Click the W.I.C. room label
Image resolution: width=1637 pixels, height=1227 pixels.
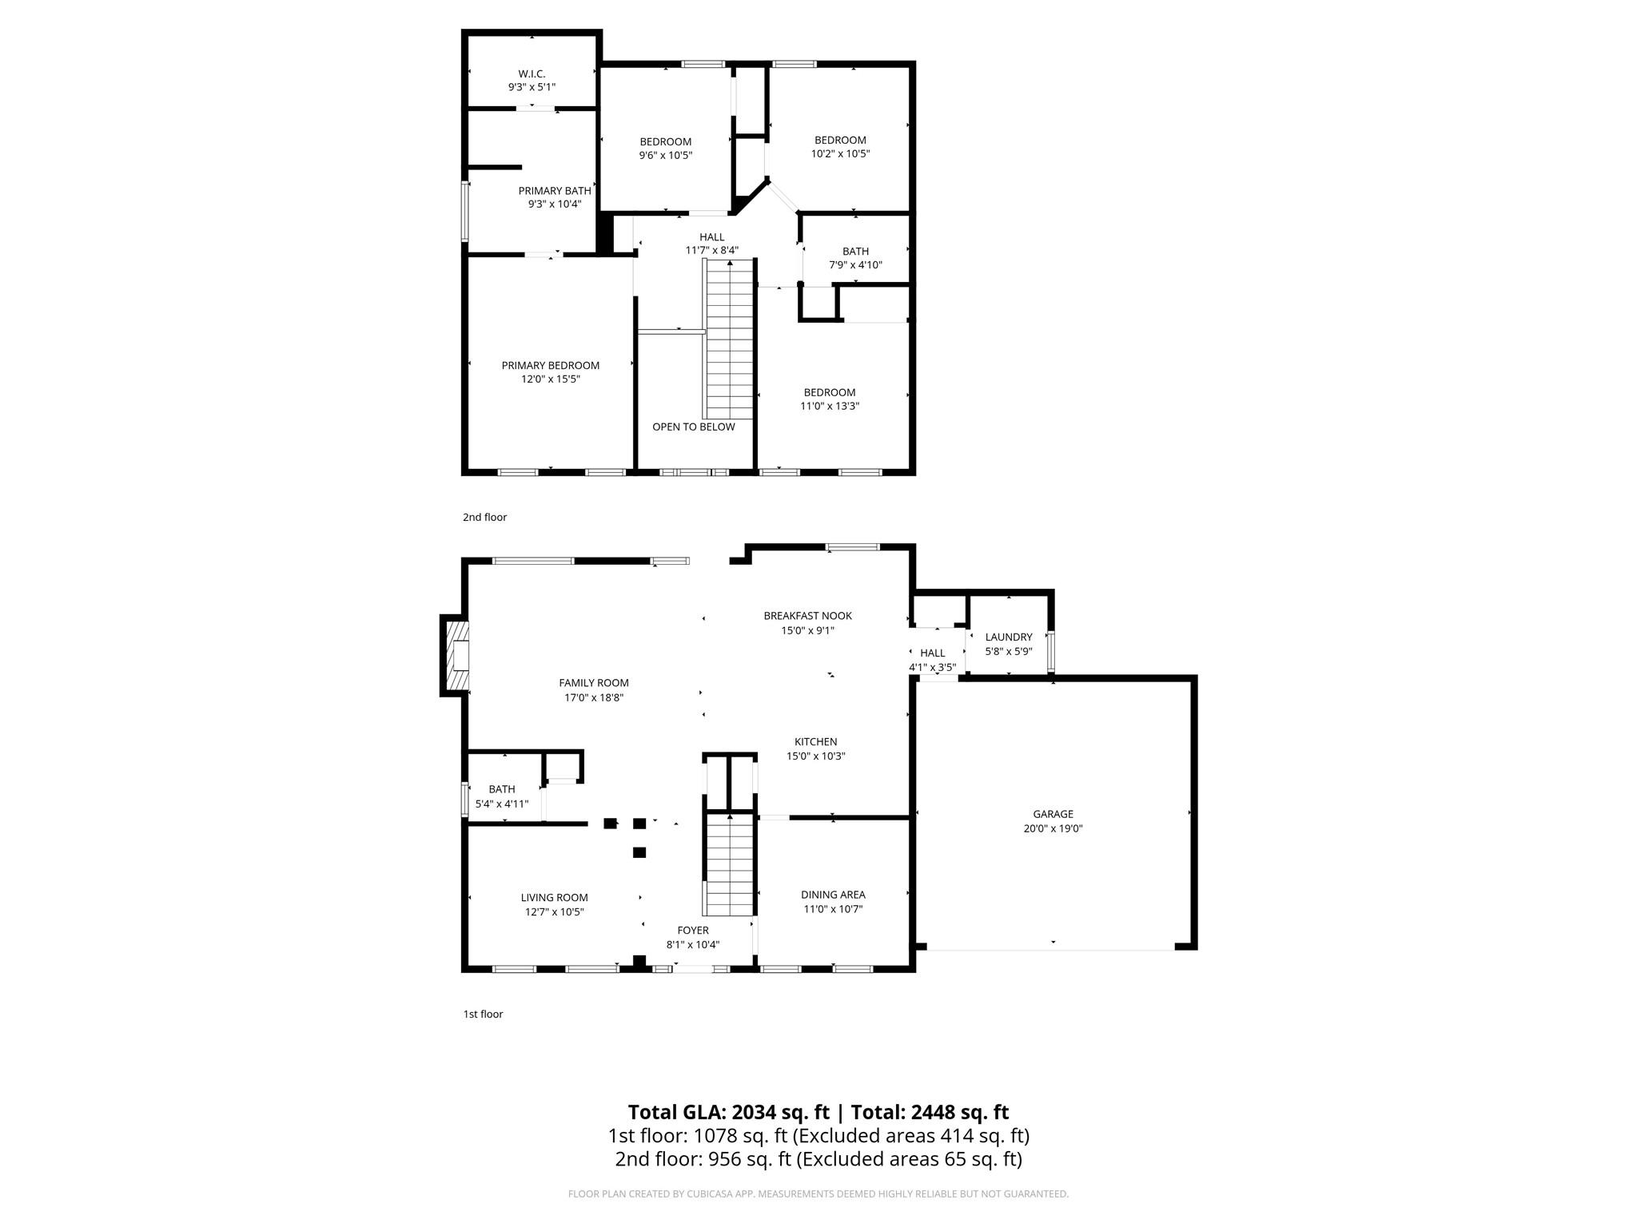532,73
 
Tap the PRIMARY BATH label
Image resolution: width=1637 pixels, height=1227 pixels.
555,191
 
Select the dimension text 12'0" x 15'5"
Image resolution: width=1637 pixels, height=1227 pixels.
550,379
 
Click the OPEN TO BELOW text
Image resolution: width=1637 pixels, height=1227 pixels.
693,427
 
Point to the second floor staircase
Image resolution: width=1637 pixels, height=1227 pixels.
729,340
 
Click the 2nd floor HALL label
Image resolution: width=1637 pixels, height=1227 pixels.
711,237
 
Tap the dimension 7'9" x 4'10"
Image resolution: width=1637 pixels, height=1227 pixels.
855,265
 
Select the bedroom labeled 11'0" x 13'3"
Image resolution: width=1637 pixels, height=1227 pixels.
830,399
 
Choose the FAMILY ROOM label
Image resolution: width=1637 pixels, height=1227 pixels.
593,683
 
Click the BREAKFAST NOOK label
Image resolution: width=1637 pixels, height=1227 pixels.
807,616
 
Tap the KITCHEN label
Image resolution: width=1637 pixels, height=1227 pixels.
815,742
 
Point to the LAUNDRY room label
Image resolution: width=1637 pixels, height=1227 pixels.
1008,637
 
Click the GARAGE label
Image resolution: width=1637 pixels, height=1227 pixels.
1053,814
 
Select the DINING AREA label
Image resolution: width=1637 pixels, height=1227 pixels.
833,895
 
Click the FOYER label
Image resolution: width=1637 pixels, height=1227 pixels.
692,931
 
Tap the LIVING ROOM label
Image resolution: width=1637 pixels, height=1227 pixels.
554,898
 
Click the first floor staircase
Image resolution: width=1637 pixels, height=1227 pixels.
729,864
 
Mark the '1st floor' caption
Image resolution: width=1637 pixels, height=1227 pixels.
483,1015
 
